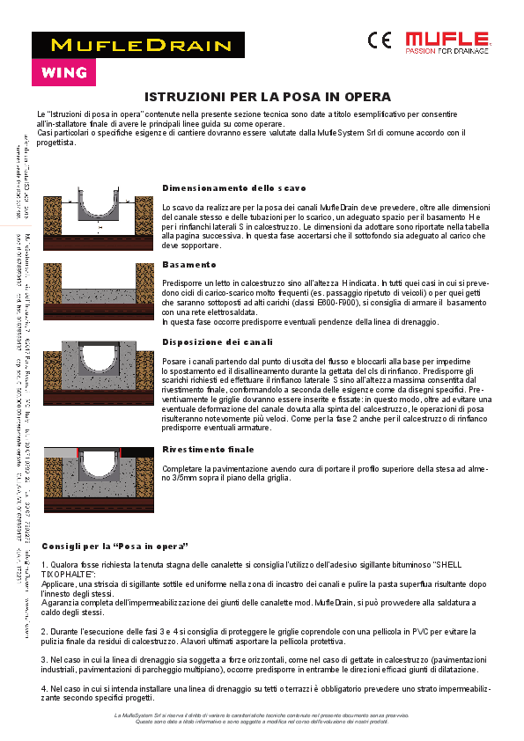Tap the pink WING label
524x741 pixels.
(x=64, y=72)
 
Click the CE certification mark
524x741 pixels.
(x=380, y=40)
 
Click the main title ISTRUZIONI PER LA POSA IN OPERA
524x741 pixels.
(x=267, y=97)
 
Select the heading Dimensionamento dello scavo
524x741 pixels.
(x=234, y=188)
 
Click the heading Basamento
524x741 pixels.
(x=189, y=264)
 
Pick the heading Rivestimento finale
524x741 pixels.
(x=208, y=449)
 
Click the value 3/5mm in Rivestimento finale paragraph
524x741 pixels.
(x=180, y=479)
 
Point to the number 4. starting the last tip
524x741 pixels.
(x=45, y=687)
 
